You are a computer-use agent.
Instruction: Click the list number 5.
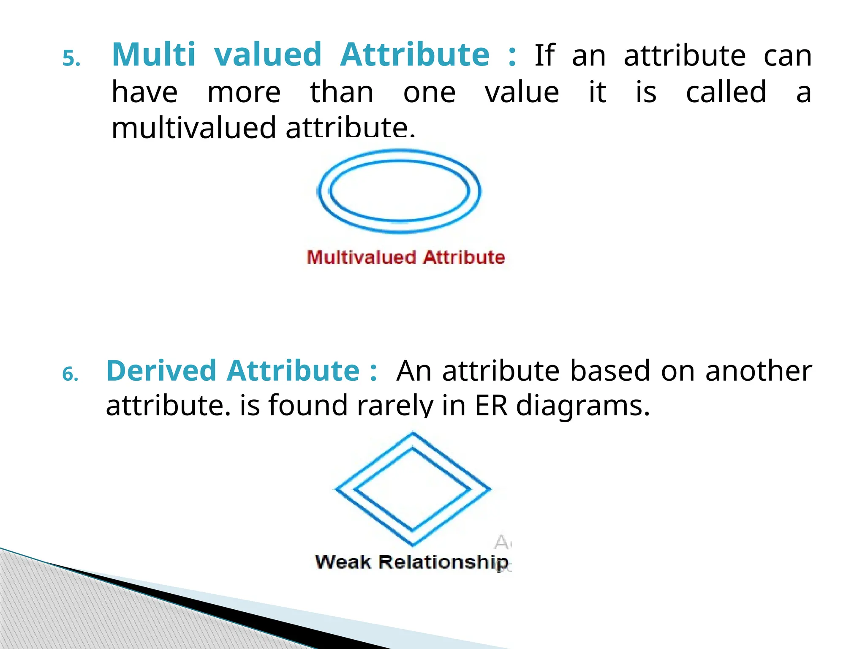click(x=71, y=59)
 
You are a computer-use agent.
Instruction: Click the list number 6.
click(x=71, y=374)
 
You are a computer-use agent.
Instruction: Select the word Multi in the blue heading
click(x=154, y=55)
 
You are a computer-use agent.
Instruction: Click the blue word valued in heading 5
click(x=268, y=55)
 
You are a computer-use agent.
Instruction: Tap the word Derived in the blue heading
click(x=161, y=371)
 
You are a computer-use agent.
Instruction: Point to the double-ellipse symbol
click(x=400, y=191)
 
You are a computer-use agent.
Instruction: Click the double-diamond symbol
click(x=413, y=489)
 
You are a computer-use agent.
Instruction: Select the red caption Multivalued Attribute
click(x=406, y=257)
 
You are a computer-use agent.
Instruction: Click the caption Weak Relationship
click(x=411, y=562)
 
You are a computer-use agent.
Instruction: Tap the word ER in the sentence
click(x=491, y=405)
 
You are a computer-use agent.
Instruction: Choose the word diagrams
click(x=583, y=406)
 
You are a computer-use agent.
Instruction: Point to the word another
click(x=759, y=371)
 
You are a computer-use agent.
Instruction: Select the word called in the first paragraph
click(x=726, y=92)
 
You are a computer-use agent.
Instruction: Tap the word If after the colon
click(x=544, y=55)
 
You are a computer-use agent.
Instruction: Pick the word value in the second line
click(x=522, y=93)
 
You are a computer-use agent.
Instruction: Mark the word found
click(x=308, y=405)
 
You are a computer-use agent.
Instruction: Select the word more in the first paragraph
click(x=244, y=93)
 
